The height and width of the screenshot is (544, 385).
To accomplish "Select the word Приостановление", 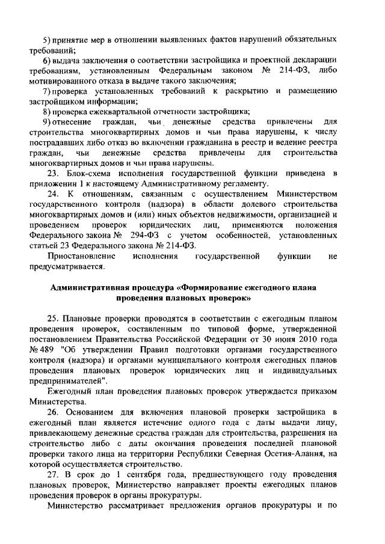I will coord(79,257).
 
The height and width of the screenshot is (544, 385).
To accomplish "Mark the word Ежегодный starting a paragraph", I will coord(70,391).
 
